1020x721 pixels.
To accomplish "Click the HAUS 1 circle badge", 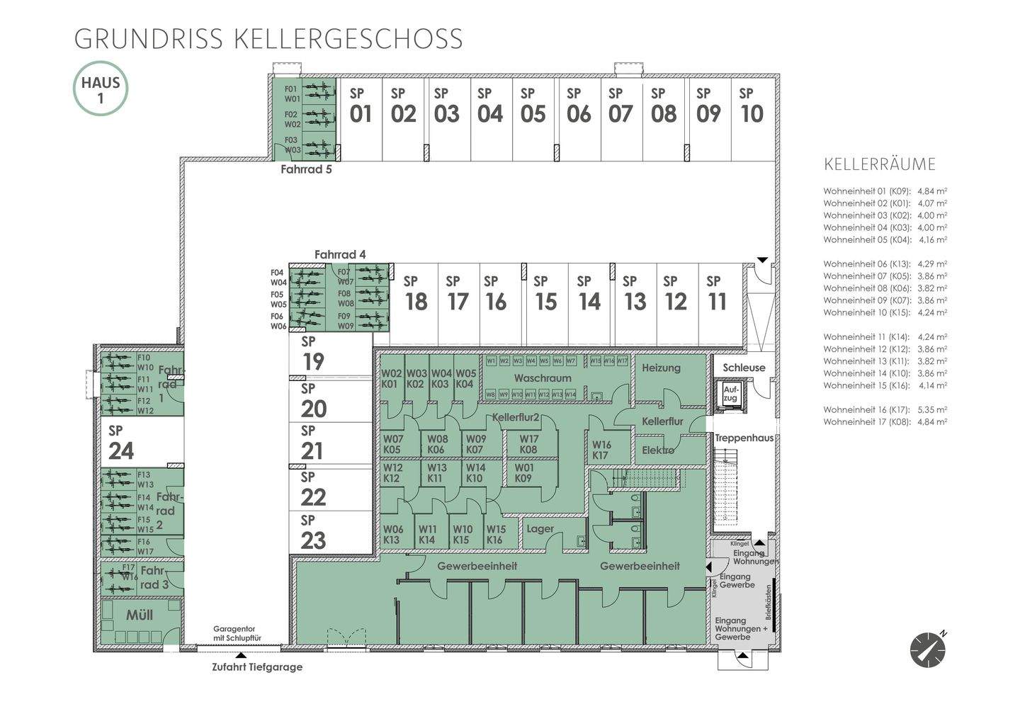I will coord(101,89).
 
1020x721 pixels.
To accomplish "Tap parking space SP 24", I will coord(120,443).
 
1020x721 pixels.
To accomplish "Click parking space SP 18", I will coord(415,294).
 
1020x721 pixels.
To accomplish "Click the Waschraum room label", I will coord(543,377).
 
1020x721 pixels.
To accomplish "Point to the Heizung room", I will coord(661,368).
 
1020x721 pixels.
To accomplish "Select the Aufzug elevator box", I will coord(730,394).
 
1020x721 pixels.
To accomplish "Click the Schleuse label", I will coord(744,368).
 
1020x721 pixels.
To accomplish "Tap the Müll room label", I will coord(140,615).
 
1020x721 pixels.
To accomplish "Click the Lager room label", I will coord(540,528).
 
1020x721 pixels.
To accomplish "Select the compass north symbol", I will coord(928,649).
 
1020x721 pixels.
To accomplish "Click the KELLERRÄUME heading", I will coord(880,164).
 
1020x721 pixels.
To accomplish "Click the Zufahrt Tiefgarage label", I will coord(257,666).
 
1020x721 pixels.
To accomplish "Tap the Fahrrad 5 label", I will coord(306,169).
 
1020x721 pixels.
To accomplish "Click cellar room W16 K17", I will coord(601,450).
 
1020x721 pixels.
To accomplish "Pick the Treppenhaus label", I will coord(744,438).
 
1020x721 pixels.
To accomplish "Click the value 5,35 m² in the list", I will coord(932,409).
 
